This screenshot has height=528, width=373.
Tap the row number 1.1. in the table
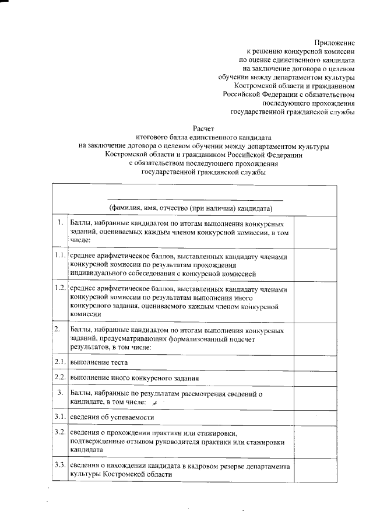[x=59, y=256]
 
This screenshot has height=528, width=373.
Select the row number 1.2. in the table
[x=59, y=288]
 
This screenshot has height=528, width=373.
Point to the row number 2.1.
[x=59, y=362]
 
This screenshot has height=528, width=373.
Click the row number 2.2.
[x=59, y=377]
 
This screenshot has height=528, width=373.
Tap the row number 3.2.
[x=59, y=433]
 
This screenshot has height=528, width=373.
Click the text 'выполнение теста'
[x=98, y=363]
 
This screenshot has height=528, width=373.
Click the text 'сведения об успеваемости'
[x=112, y=417]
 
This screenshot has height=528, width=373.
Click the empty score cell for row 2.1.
[x=315, y=363]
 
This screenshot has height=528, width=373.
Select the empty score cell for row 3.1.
[x=315, y=417]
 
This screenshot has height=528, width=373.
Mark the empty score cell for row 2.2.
[x=315, y=378]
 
